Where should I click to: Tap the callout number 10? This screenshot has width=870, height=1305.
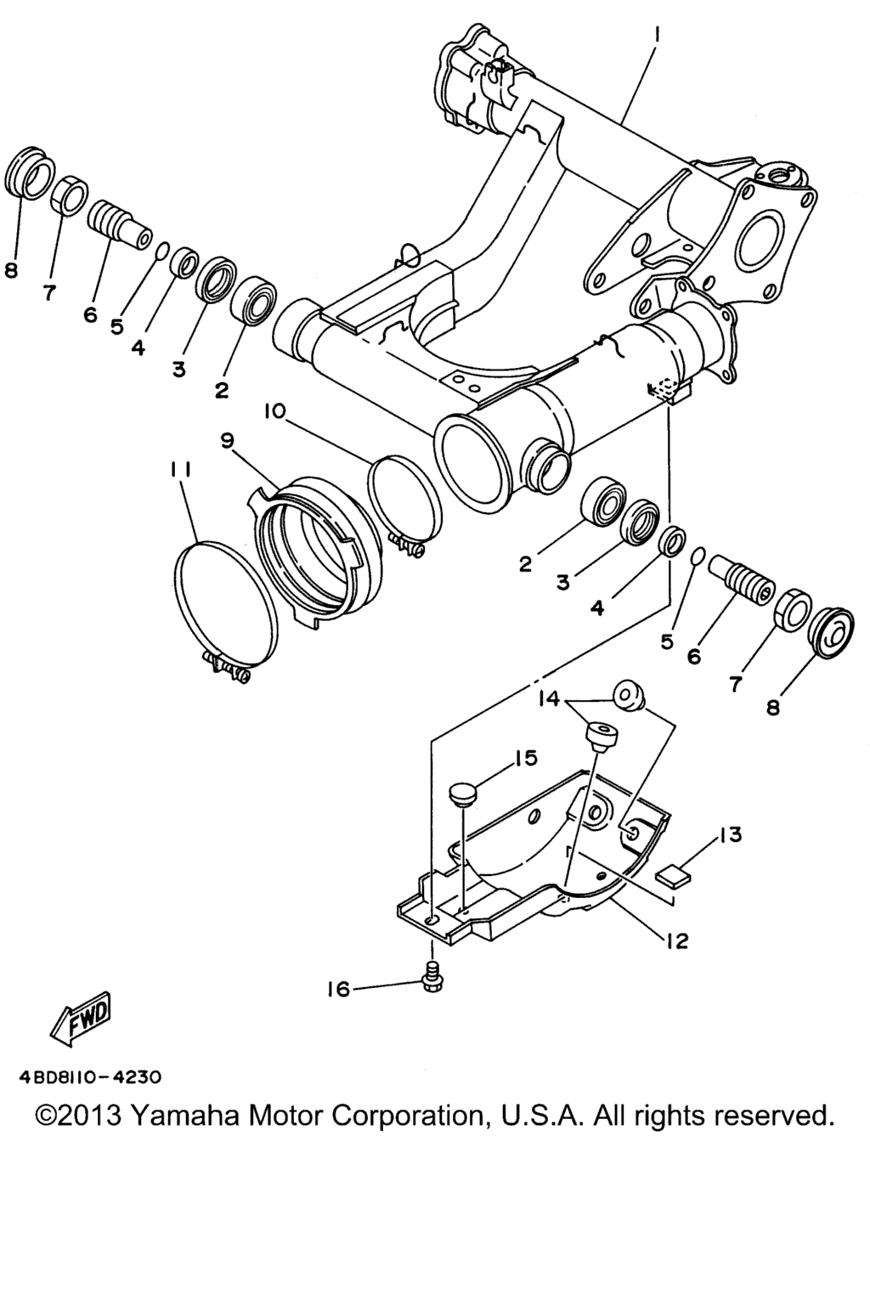coord(273,412)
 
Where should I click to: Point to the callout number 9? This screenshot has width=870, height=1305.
coord(227,441)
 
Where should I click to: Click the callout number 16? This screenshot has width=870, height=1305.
coord(337,989)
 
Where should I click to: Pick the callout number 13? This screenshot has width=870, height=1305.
coord(730,835)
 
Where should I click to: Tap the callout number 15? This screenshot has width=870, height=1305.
coord(525,759)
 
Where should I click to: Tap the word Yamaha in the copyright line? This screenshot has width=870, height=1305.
coord(184,1116)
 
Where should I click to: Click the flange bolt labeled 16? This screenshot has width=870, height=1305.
coord(431,983)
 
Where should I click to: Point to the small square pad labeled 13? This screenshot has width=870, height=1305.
coord(672,875)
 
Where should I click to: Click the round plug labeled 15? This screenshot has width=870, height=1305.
coord(463,794)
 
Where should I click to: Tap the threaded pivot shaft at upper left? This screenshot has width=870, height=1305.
coord(121,227)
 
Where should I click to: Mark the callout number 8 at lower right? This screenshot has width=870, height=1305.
coord(772,707)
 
